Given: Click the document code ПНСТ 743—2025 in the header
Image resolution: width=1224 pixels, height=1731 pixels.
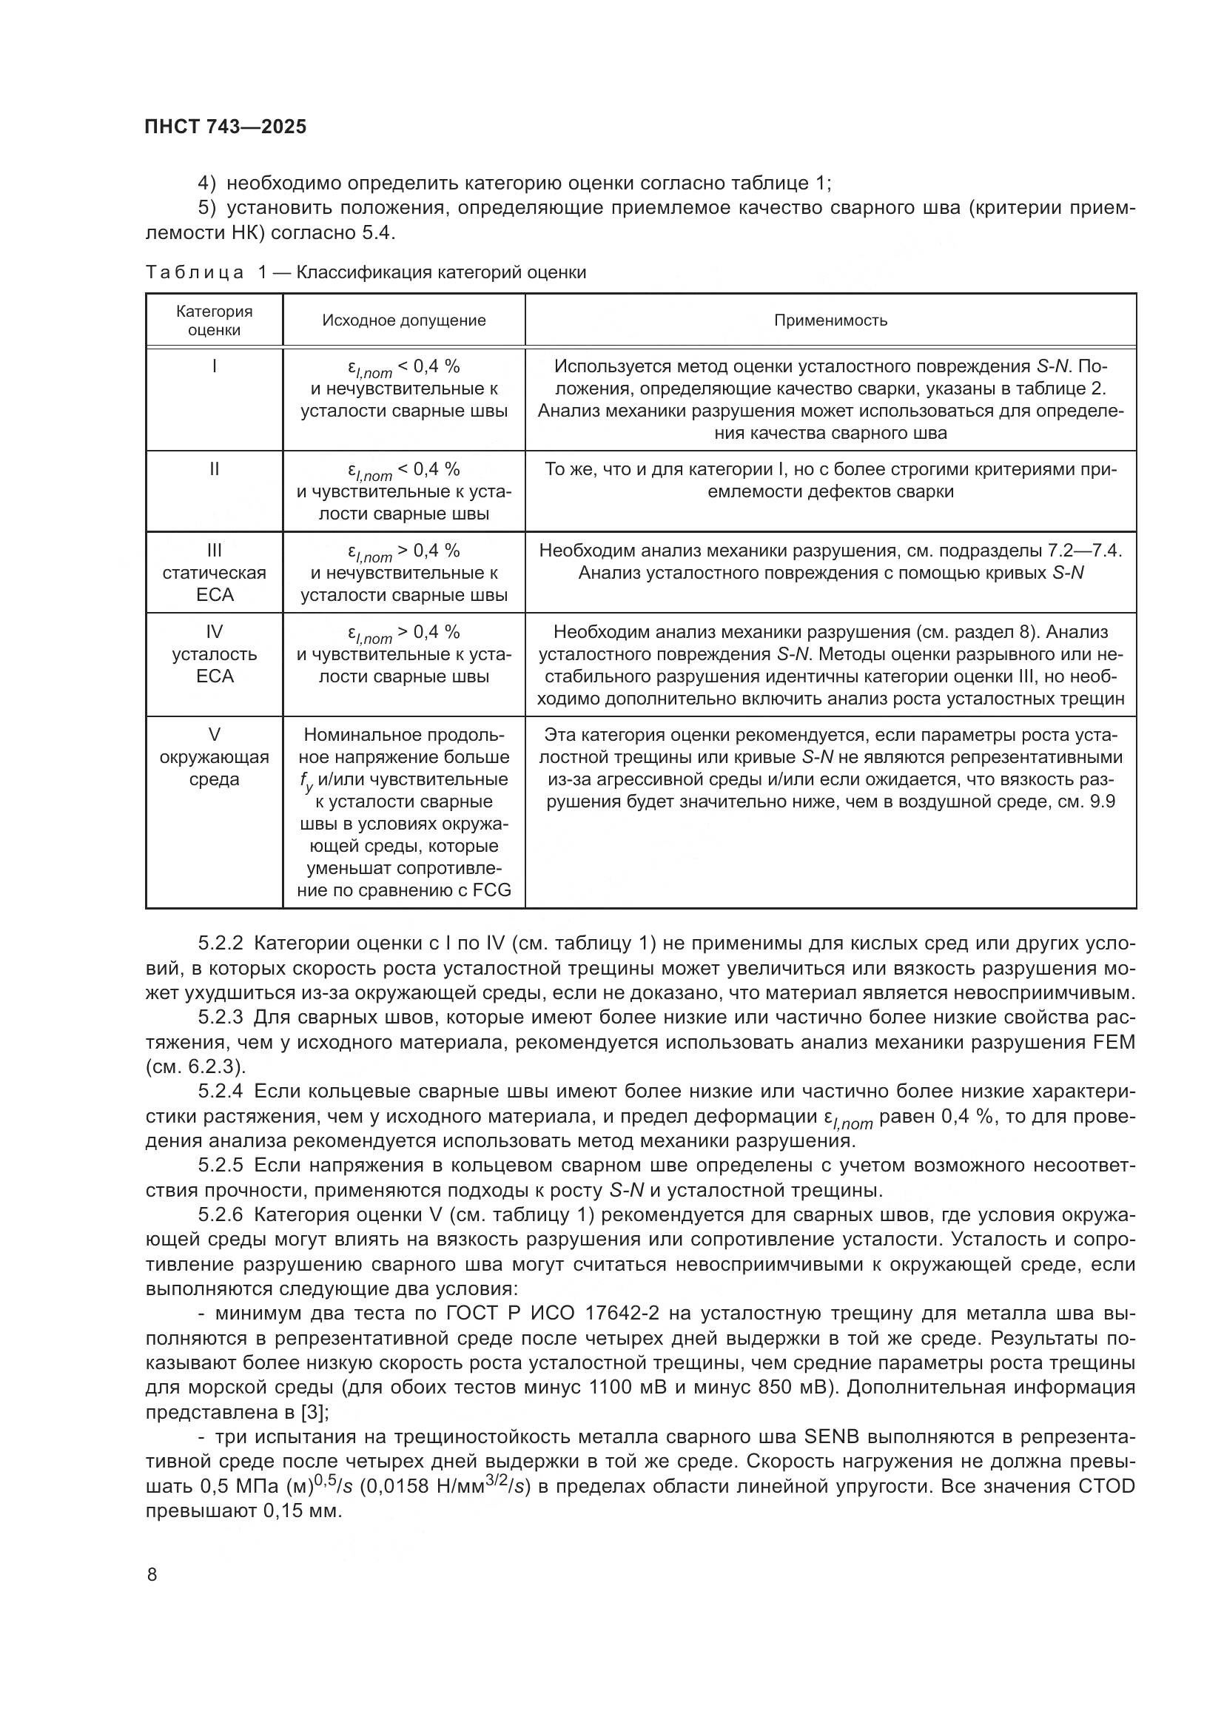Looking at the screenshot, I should point(226,127).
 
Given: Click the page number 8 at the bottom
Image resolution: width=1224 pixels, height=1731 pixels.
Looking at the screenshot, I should point(152,1574).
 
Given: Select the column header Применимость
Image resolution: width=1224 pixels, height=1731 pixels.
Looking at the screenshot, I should point(830,320).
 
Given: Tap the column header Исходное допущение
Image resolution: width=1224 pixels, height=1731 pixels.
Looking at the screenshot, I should point(404,320).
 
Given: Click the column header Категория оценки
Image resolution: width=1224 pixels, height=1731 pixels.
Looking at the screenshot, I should point(214,320).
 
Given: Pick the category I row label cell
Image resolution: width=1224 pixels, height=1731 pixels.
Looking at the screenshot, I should point(214,367).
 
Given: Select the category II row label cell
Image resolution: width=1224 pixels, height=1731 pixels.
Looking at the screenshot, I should point(214,470).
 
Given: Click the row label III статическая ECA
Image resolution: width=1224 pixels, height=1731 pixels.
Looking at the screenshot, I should point(214,573).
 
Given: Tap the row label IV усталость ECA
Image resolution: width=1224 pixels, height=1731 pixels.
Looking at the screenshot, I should point(214,654).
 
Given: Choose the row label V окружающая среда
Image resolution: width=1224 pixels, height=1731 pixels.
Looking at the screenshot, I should point(214,757).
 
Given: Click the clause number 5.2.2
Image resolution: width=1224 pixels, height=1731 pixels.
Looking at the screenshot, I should point(221,944).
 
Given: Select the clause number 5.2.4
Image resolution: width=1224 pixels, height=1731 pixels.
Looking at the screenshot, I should point(221,1092).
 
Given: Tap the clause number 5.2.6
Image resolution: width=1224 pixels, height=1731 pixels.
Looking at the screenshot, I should point(221,1214).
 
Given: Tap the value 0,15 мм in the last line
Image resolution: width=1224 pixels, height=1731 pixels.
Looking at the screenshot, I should point(302,1511).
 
